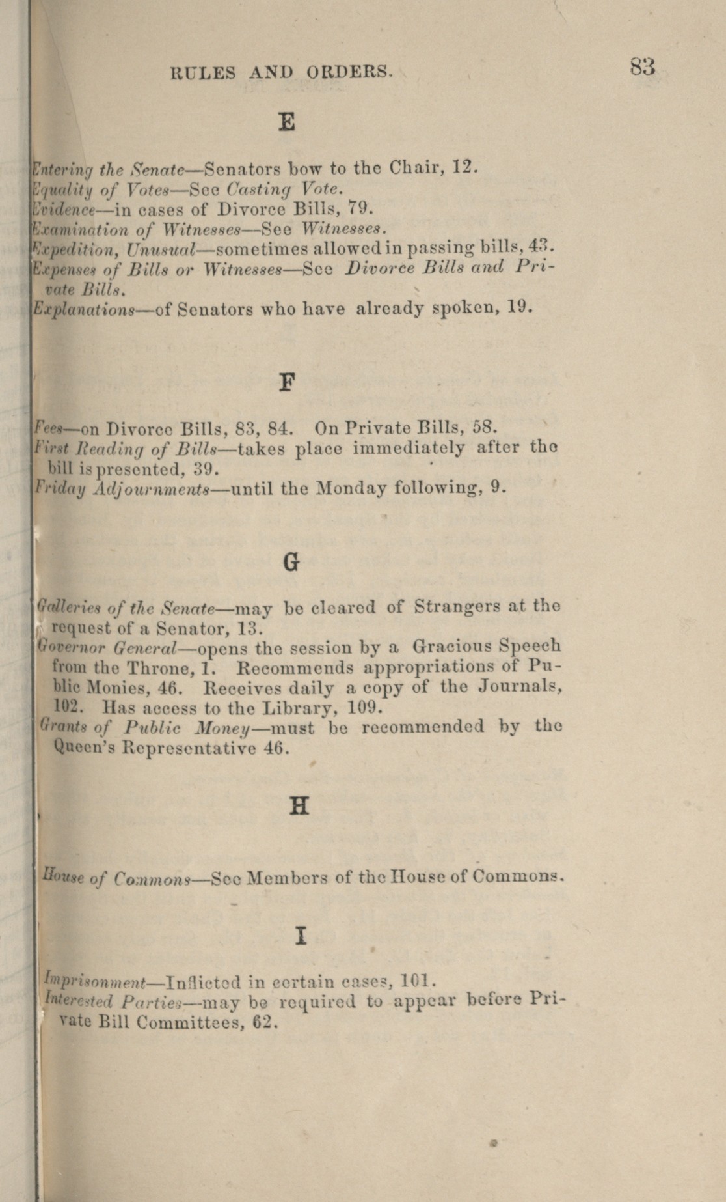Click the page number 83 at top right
click(x=641, y=66)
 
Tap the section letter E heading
click(x=286, y=121)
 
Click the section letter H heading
click(x=298, y=806)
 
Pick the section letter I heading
click(x=300, y=936)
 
